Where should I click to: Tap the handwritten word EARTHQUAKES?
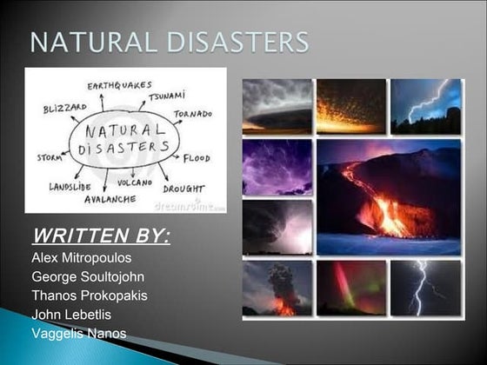(x=120, y=85)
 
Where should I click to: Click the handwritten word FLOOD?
(x=197, y=159)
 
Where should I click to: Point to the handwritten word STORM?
(x=50, y=158)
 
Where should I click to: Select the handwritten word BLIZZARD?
(x=65, y=109)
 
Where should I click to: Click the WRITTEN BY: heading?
(x=101, y=236)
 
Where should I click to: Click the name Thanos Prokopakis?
(x=90, y=295)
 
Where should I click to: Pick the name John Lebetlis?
(x=71, y=315)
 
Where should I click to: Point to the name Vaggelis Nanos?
(x=79, y=334)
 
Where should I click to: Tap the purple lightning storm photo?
(x=277, y=167)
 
